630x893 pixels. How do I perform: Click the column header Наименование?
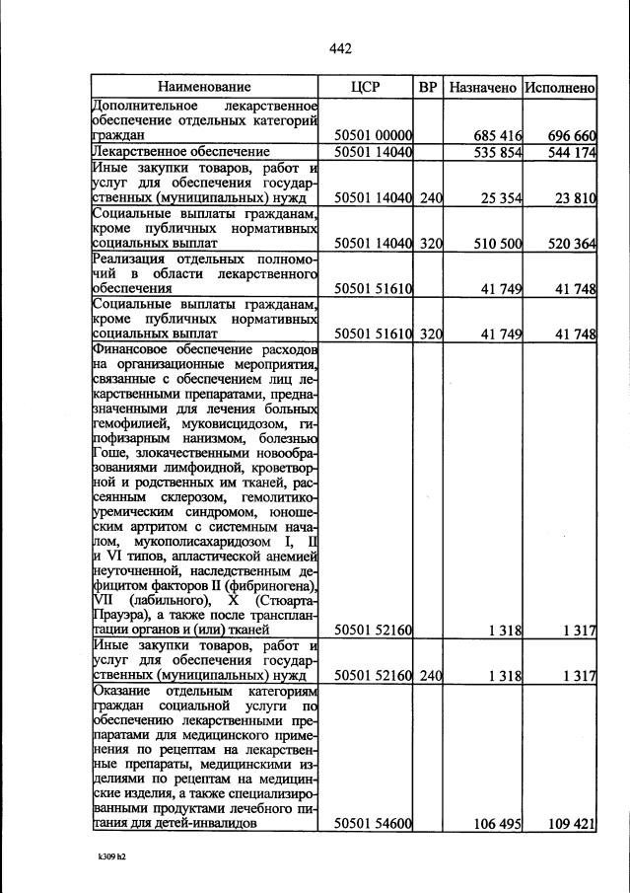coord(204,87)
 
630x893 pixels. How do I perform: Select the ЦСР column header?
coord(365,87)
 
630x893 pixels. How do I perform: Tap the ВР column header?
coord(428,87)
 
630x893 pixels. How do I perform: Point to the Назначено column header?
coord(483,87)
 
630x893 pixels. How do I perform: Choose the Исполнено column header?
coord(560,87)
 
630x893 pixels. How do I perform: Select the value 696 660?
coord(572,134)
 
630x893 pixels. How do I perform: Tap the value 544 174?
coord(572,152)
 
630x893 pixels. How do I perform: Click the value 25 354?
coord(501,198)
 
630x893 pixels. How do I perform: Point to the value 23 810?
coord(576,198)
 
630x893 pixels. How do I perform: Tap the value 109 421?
coord(572,824)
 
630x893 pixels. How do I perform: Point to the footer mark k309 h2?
coord(107,856)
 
